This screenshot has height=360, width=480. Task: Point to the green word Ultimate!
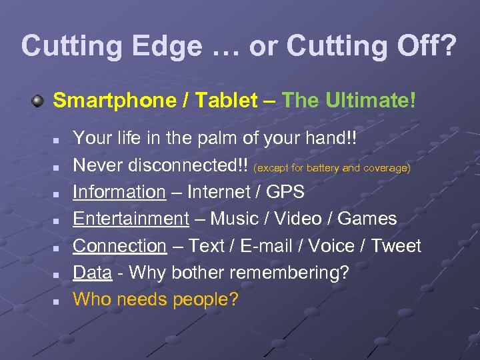point(371,101)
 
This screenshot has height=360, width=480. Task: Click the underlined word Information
point(119,192)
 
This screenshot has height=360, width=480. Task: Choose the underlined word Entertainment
point(131,219)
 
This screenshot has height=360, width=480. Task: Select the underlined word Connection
point(119,245)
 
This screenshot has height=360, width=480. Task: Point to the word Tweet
point(396,245)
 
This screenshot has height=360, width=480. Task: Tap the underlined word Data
point(92,273)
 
